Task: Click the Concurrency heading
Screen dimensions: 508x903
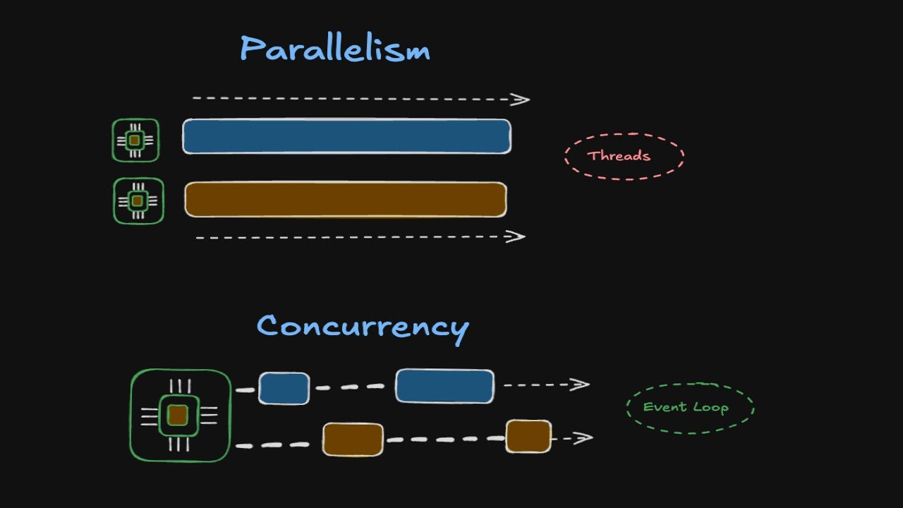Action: [363, 327]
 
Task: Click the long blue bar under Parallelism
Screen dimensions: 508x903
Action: [346, 136]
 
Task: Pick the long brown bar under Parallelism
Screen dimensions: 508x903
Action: [346, 200]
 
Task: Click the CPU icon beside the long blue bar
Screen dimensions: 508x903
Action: [135, 140]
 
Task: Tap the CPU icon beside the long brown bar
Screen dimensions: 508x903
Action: [138, 201]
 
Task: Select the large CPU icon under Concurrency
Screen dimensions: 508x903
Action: [180, 416]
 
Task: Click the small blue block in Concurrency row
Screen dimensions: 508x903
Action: [284, 388]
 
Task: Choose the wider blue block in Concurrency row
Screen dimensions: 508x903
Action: [444, 386]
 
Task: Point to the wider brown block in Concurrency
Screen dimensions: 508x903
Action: [353, 440]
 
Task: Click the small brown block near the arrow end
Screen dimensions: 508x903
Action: [528, 436]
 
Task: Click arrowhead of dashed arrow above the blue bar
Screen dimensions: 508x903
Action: [522, 99]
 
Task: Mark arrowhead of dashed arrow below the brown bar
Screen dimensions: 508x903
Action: [518, 236]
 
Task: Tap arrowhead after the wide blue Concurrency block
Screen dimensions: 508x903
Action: [581, 385]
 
